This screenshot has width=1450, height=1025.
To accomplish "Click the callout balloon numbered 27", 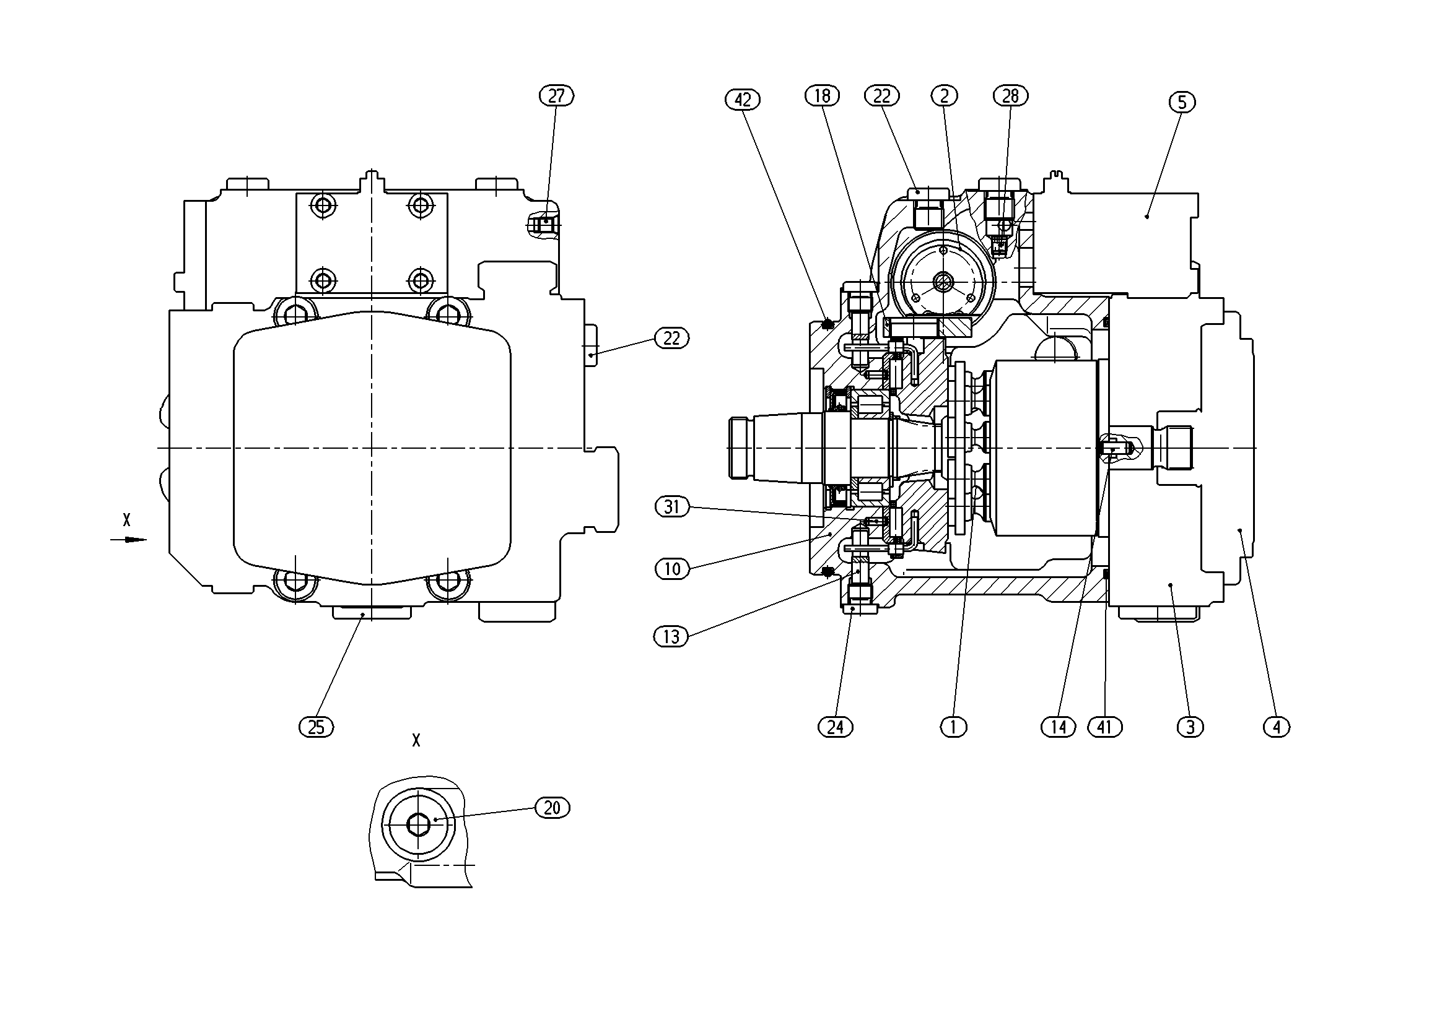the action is pyautogui.click(x=556, y=96).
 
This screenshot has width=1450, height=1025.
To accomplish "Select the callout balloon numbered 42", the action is pyautogui.click(x=743, y=100).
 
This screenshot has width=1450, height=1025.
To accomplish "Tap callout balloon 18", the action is pyautogui.click(x=823, y=96).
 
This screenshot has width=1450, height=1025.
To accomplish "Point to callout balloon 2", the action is pyautogui.click(x=945, y=96).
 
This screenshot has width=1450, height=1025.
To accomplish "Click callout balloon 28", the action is pyautogui.click(x=1011, y=96).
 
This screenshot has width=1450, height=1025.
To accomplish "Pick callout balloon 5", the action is pyautogui.click(x=1182, y=102).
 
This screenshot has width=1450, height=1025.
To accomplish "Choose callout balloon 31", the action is pyautogui.click(x=672, y=507).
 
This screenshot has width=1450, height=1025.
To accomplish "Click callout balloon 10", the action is pyautogui.click(x=672, y=569).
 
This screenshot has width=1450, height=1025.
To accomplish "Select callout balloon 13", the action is pyautogui.click(x=671, y=637).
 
